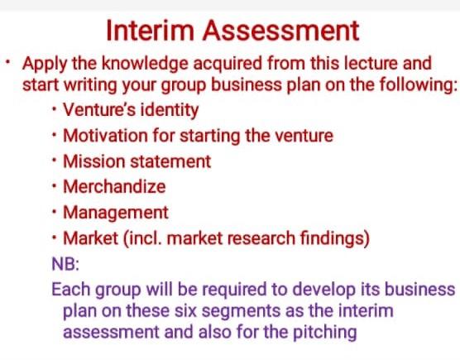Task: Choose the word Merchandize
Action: pyautogui.click(x=114, y=187)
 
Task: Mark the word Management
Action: pyautogui.click(x=115, y=213)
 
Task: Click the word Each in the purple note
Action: pyautogui.click(x=68, y=290)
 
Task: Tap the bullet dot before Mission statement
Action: pyautogui.click(x=55, y=161)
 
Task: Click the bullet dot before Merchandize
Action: pyautogui.click(x=55, y=187)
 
